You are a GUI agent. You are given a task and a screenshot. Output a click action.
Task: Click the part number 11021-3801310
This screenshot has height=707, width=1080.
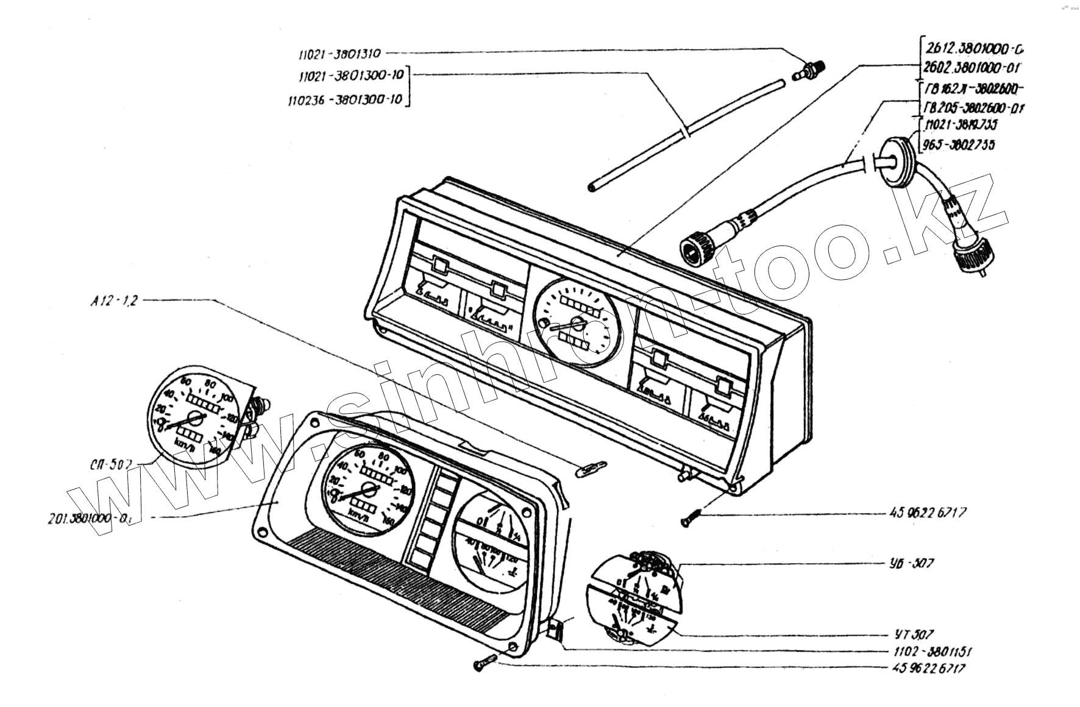tap(339, 54)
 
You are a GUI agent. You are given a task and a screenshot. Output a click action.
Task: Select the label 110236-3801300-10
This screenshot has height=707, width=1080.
tap(346, 99)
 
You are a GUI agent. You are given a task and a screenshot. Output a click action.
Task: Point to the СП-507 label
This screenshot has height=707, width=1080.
tap(110, 464)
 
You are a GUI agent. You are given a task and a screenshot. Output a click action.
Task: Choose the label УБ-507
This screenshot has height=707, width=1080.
tap(911, 563)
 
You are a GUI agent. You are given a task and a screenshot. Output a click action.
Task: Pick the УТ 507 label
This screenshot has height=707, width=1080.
tap(911, 635)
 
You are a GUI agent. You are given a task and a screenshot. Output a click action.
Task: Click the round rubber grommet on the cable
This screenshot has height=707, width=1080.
tap(891, 160)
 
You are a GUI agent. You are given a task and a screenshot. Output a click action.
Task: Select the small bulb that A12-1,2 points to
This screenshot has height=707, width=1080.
tap(591, 468)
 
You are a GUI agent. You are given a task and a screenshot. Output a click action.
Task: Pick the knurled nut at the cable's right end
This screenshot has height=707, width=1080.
tap(970, 258)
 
